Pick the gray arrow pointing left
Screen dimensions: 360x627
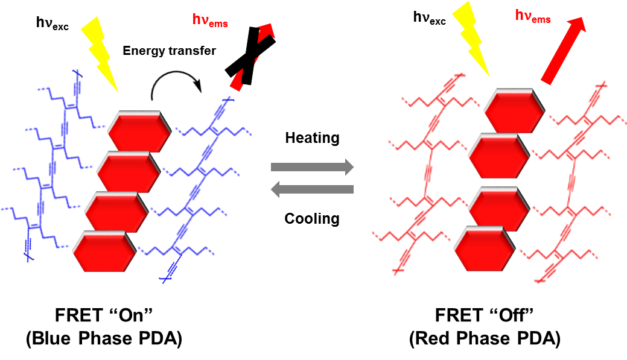pyautogui.click(x=311, y=190)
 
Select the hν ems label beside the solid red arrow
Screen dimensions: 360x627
pyautogui.click(x=532, y=17)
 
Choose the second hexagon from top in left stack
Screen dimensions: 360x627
pyautogui.click(x=128, y=172)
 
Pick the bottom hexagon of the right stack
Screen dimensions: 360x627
pyautogui.click(x=484, y=248)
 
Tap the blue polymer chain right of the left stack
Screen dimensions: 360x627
pyautogui.click(x=199, y=181)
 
